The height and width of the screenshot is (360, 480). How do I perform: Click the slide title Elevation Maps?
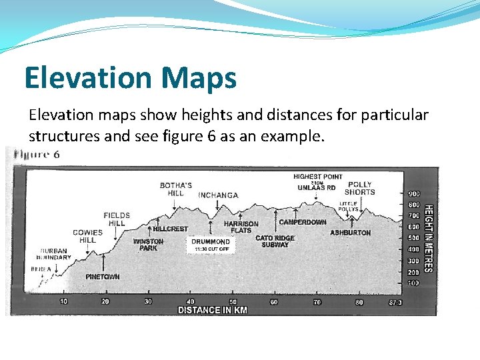pos(130,77)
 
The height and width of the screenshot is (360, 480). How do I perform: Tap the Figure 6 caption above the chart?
pos(37,155)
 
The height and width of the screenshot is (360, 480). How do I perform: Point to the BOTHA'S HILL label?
pos(176,189)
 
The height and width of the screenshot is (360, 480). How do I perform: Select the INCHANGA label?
pos(218,195)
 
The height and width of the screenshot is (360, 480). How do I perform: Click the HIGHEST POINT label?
pos(317,177)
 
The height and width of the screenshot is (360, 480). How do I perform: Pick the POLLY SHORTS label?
pos(360,188)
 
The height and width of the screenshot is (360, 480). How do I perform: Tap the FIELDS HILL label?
pos(117,219)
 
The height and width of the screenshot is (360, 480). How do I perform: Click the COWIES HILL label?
pos(88,236)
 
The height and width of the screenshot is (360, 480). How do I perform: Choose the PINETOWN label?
pos(103,276)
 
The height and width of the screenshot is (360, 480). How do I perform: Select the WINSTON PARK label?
pos(148,245)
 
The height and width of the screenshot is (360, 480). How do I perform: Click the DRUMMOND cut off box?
pos(211,245)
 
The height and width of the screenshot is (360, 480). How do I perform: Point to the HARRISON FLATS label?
pos(241,227)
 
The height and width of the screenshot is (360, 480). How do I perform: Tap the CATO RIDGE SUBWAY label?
pos(275,241)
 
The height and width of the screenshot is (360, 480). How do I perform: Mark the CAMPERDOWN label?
pos(303,222)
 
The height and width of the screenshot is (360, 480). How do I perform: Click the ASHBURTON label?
pos(350,233)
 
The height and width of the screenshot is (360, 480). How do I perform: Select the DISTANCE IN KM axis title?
pos(212,310)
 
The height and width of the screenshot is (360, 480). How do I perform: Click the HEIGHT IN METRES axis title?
pos(429,238)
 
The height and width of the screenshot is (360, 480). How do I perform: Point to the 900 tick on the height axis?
pos(413,193)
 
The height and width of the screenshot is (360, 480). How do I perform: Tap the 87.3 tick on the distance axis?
pos(395,302)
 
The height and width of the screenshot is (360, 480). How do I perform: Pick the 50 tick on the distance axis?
pos(233,302)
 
